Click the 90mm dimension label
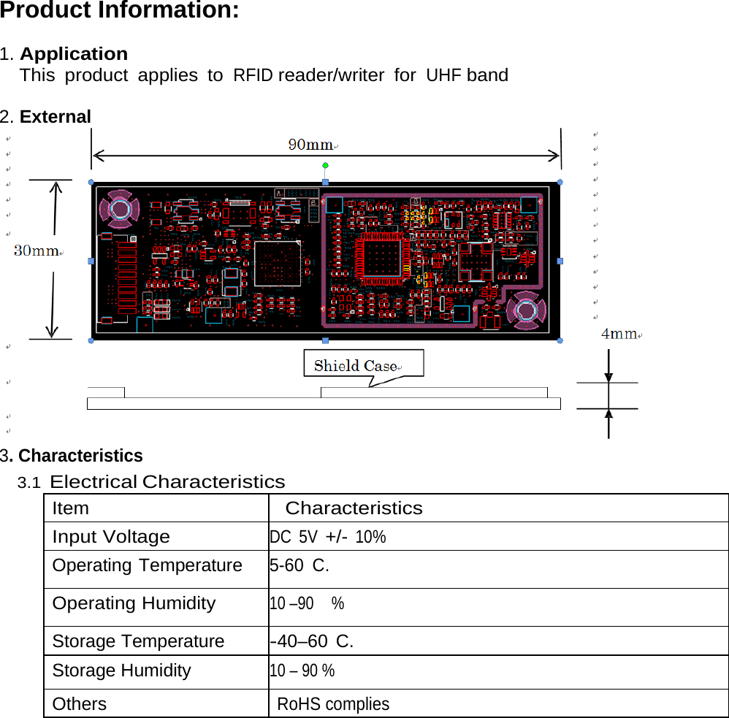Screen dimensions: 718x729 310,145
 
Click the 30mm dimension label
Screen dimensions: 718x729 37,251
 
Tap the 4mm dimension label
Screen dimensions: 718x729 619,334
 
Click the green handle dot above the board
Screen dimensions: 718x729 326,166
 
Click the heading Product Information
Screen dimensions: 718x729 120,12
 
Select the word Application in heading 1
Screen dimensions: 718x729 74,54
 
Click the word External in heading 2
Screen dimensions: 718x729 56,117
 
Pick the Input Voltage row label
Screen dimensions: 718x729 111,537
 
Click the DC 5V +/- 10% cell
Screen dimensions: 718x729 328,538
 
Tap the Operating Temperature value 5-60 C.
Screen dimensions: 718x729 299,565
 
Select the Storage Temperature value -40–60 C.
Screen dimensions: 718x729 312,642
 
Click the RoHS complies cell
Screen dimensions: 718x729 334,704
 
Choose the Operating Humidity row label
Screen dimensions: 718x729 134,603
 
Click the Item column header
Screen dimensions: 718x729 71,508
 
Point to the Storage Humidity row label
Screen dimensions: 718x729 121,671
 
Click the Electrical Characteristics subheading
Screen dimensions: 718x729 167,482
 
